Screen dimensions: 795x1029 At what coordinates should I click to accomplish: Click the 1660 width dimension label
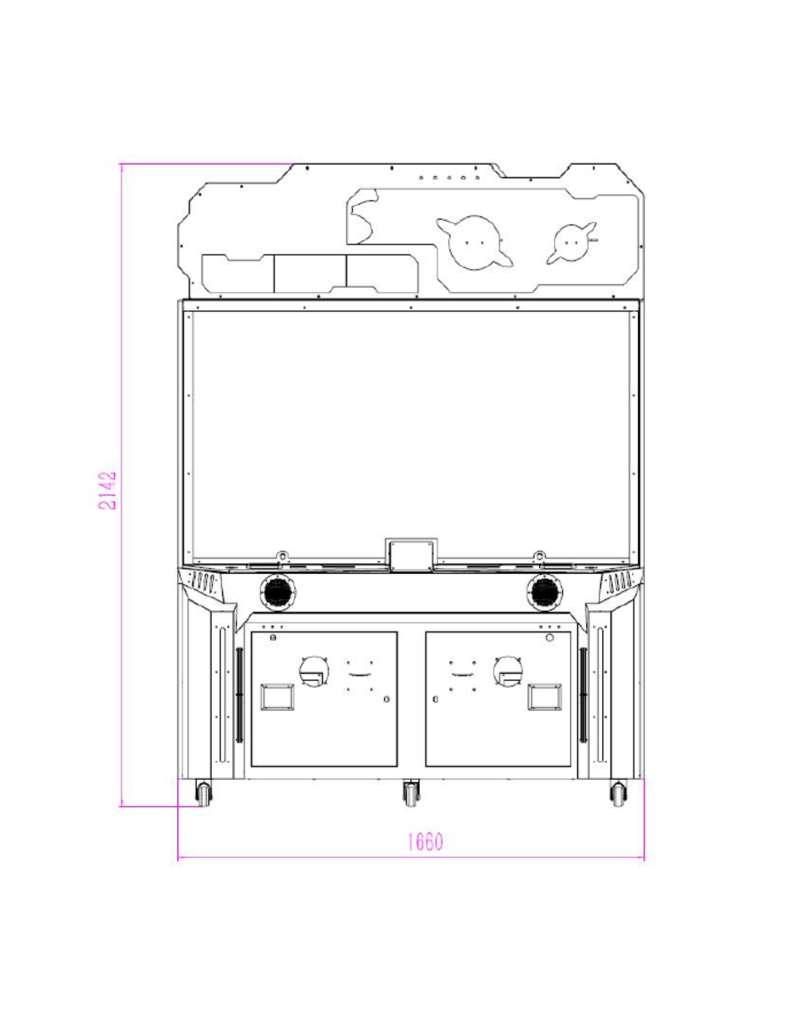[x=425, y=842]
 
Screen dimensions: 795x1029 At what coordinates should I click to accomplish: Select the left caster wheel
[x=204, y=793]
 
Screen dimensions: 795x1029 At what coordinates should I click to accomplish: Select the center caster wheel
[x=411, y=793]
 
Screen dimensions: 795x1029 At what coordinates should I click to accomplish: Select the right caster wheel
[x=619, y=793]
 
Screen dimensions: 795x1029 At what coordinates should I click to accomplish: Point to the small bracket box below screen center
[x=411, y=555]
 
